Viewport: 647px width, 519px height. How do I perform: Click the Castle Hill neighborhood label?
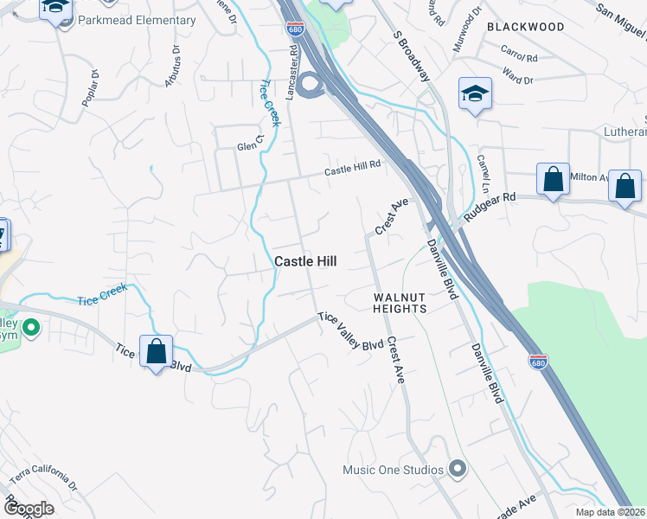(304, 260)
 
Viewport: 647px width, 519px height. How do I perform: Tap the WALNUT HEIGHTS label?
(400, 303)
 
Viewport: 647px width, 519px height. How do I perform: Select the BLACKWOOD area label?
(525, 27)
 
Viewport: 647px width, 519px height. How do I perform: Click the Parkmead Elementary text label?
(137, 20)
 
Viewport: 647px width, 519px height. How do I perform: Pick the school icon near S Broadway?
(475, 94)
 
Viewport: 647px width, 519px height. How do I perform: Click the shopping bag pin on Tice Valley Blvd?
(157, 352)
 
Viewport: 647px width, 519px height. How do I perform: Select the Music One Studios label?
(393, 471)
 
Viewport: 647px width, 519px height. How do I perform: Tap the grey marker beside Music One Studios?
(458, 470)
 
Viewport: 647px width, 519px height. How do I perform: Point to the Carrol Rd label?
(520, 58)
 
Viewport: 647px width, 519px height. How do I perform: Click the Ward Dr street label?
(517, 79)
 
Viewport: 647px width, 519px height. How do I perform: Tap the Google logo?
(29, 509)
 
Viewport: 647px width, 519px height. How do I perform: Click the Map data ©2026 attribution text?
(611, 512)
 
